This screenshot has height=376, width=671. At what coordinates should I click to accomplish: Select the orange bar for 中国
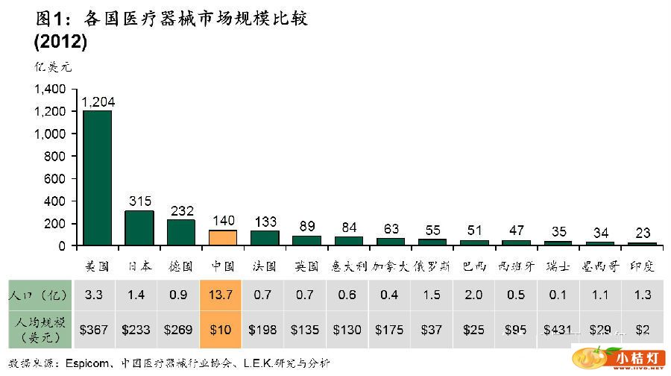[x=223, y=238]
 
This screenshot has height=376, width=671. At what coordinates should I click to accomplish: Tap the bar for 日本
[x=139, y=228]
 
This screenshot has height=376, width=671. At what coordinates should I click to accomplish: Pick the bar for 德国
[x=181, y=233]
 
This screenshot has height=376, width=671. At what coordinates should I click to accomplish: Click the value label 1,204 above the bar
[x=98, y=102]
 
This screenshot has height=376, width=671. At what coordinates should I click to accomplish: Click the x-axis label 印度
[x=642, y=266]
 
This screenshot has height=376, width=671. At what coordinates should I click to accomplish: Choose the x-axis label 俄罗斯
[x=432, y=266]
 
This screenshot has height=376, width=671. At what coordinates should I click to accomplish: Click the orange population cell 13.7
[x=223, y=295]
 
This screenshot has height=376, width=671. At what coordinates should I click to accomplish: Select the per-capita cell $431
[x=558, y=329]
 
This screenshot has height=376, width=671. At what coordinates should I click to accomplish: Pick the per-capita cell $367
[x=98, y=329]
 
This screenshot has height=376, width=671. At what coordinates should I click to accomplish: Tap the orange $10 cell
[x=223, y=329]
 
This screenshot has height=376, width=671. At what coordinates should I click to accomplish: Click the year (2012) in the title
[x=60, y=43]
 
